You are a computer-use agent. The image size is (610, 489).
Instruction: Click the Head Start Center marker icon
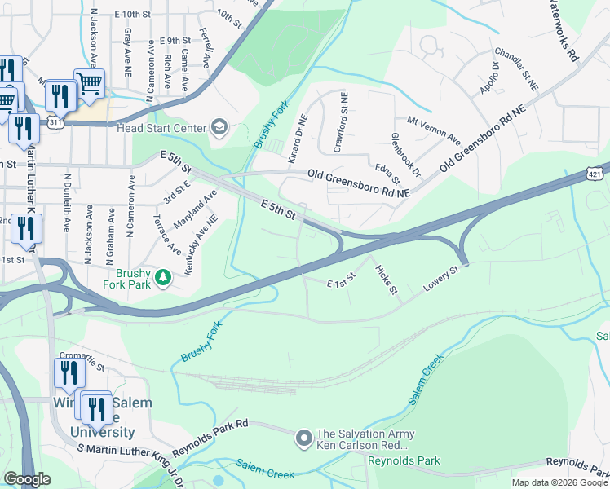tap(219, 127)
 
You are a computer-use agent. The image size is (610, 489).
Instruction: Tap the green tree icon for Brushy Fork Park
tap(164, 278)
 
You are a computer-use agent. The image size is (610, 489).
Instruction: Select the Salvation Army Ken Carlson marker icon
tap(304, 439)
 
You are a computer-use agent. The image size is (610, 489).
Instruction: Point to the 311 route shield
tap(55, 121)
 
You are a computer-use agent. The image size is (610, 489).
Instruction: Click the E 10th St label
tap(133, 15)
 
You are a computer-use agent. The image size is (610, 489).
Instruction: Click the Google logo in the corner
tap(27, 479)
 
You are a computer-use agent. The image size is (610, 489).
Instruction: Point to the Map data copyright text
tap(559, 482)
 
